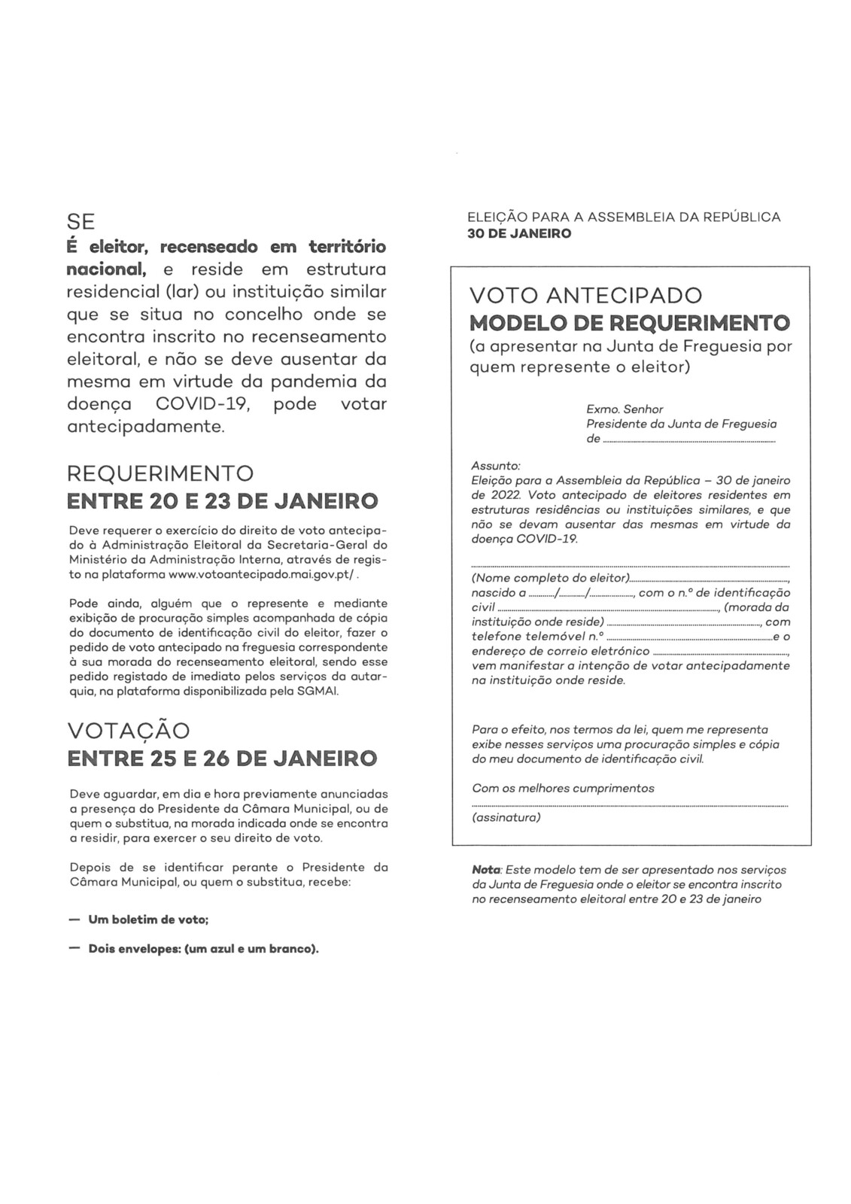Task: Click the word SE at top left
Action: pyautogui.click(x=81, y=222)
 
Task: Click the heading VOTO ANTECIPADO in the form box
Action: pyautogui.click(x=585, y=295)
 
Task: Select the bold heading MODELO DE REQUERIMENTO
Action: pyautogui.click(x=629, y=324)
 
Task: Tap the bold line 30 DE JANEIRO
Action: pyautogui.click(x=519, y=233)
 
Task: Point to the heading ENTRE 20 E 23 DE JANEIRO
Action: pyautogui.click(x=222, y=501)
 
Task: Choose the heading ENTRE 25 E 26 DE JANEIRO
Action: pyautogui.click(x=222, y=758)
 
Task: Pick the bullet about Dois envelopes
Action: pyautogui.click(x=203, y=948)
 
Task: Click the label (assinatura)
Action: pyautogui.click(x=506, y=817)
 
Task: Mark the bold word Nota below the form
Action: pyautogui.click(x=485, y=870)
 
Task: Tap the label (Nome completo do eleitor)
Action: pyautogui.click(x=550, y=578)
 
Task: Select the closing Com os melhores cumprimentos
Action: pyautogui.click(x=563, y=789)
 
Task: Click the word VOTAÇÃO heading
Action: pyautogui.click(x=129, y=731)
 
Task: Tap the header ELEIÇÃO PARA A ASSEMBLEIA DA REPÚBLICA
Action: pyautogui.click(x=624, y=217)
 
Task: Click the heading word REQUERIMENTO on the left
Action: pyautogui.click(x=160, y=474)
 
